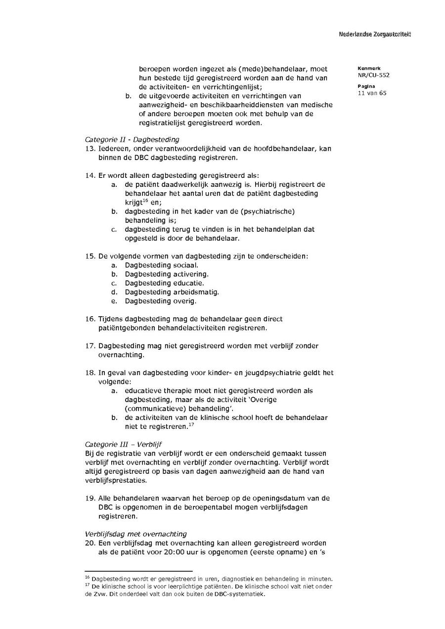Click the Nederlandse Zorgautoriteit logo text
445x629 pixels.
click(375, 35)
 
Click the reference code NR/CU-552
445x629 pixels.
click(373, 76)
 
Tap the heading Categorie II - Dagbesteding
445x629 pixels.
click(132, 140)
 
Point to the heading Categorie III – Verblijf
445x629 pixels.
click(123, 444)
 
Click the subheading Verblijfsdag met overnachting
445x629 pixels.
click(136, 534)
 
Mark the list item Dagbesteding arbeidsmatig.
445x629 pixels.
click(172, 292)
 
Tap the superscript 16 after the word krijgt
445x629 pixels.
click(146, 200)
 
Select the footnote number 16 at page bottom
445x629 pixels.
click(87, 577)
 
